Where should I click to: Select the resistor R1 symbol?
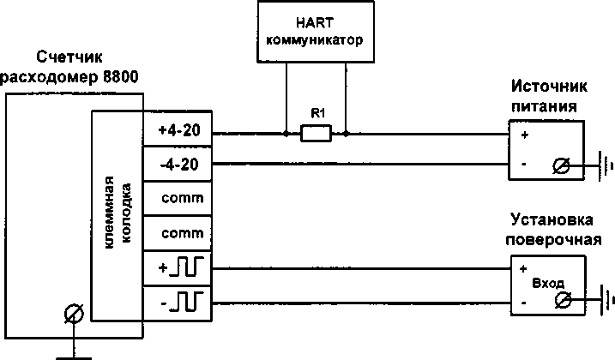[x=315, y=134]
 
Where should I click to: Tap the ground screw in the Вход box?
[x=564, y=299]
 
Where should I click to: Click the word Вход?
[x=549, y=282]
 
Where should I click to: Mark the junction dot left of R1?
[x=285, y=134]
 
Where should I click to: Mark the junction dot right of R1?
[x=345, y=134]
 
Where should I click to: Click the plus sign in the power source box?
[x=524, y=135]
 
